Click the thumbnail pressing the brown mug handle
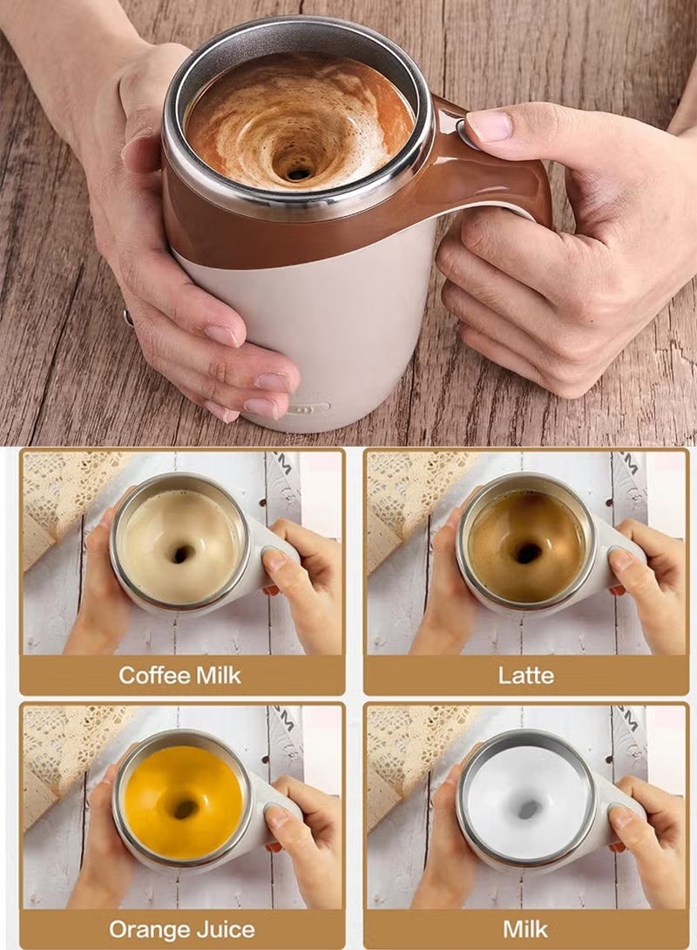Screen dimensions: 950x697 [x=491, y=125]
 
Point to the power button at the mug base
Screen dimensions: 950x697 [x=307, y=408]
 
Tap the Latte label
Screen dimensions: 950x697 [x=525, y=675]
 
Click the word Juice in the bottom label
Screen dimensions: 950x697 [x=224, y=929]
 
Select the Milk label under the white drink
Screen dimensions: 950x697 [x=525, y=929]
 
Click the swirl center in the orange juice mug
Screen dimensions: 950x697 [x=185, y=808]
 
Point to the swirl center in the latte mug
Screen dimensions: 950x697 [x=527, y=552]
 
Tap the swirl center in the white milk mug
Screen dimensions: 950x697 [x=528, y=808]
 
